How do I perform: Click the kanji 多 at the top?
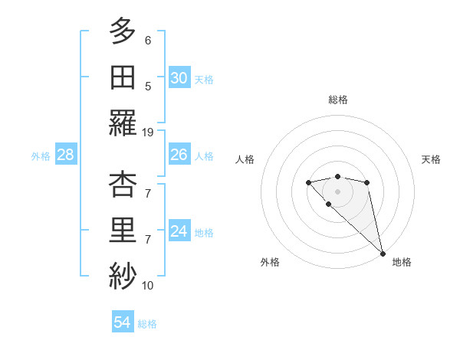click(x=122, y=32)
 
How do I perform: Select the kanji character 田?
click(x=122, y=77)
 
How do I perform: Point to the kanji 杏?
click(x=122, y=186)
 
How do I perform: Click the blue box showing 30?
click(x=179, y=77)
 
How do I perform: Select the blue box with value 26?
click(x=179, y=155)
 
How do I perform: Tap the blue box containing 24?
click(x=179, y=231)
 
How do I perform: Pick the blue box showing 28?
click(x=66, y=155)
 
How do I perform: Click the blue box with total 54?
click(x=122, y=322)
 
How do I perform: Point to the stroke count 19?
click(x=148, y=132)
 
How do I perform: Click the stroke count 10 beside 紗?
click(x=148, y=286)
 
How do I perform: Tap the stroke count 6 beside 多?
click(x=148, y=40)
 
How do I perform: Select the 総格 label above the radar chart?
click(x=338, y=100)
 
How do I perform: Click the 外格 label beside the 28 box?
click(x=41, y=155)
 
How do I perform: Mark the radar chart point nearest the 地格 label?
click(x=383, y=254)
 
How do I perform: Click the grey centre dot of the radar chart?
click(x=337, y=191)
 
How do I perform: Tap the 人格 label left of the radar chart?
click(x=245, y=159)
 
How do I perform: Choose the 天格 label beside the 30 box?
click(x=204, y=79)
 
